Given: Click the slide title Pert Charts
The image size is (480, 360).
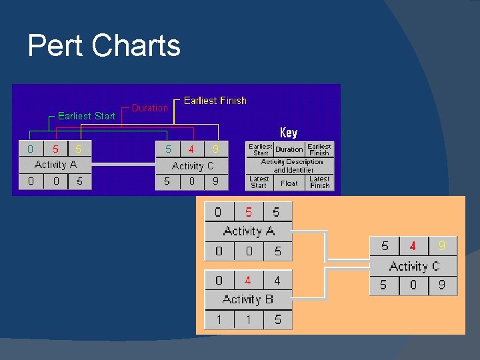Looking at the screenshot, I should [x=104, y=46].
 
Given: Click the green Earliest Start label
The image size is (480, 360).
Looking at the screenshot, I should [x=87, y=116].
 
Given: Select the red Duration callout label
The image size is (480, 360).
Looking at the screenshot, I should [x=150, y=108].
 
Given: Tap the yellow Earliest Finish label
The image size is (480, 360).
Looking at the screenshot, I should [x=215, y=101].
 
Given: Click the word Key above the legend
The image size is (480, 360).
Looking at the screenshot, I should [x=289, y=133].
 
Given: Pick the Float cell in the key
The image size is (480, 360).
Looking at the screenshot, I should [x=289, y=183].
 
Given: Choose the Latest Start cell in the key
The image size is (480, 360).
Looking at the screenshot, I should [x=259, y=182].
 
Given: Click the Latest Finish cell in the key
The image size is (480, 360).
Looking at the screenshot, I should [x=319, y=182].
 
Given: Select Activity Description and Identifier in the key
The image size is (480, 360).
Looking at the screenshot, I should [x=291, y=166].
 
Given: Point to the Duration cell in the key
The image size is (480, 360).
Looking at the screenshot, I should [x=289, y=149].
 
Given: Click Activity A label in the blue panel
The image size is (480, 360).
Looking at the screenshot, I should [x=55, y=165].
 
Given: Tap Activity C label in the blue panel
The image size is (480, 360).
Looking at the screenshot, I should [x=192, y=166].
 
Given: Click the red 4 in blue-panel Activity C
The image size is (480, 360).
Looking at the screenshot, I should [x=191, y=149].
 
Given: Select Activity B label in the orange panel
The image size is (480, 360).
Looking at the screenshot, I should [x=248, y=299].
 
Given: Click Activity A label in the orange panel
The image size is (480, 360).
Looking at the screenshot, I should [x=249, y=231].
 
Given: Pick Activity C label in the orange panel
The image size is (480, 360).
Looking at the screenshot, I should [x=414, y=267].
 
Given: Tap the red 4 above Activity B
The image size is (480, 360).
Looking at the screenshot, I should [x=248, y=281].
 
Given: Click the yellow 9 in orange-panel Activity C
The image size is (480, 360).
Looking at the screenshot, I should [x=442, y=247].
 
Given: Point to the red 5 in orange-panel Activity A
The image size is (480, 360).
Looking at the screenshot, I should [x=249, y=213].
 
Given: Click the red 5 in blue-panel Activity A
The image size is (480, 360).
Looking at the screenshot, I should [x=55, y=149].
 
